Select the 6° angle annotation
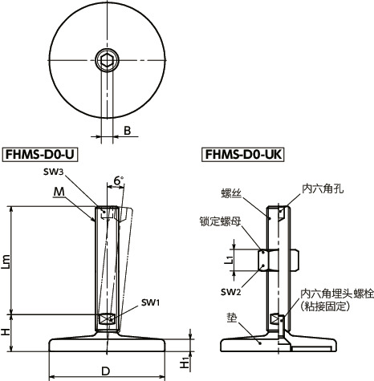[118, 182]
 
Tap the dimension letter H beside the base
[7, 330]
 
